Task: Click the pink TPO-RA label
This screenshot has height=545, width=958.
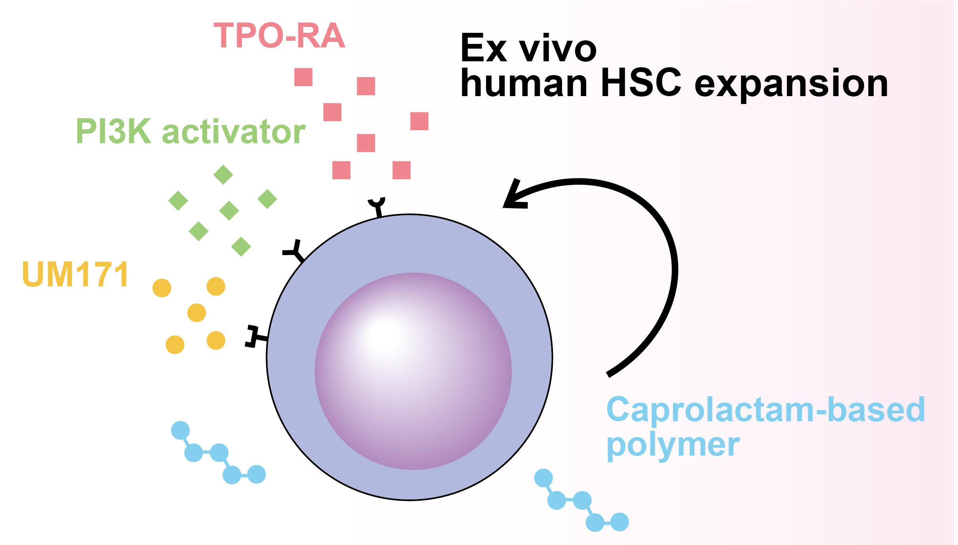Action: (279, 36)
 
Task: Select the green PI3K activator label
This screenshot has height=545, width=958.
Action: (190, 131)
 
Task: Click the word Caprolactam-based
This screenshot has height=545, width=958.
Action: (766, 410)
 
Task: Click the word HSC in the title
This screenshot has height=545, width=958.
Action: (641, 83)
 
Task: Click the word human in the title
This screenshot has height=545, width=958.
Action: (524, 83)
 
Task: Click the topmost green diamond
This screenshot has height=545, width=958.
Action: (223, 174)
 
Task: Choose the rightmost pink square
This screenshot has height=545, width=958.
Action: (419, 121)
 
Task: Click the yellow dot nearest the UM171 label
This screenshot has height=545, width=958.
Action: (162, 288)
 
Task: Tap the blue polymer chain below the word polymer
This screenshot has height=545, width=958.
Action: (581, 501)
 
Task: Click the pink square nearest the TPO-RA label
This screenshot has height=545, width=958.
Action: (304, 77)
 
